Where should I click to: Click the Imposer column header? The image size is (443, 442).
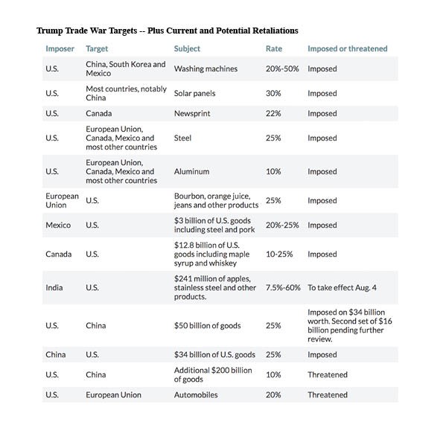(x=60, y=48)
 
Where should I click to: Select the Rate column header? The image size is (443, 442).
(x=274, y=48)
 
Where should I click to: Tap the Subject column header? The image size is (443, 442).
(x=187, y=49)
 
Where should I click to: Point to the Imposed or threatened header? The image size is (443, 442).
(x=348, y=48)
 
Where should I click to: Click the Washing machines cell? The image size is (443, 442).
(x=205, y=68)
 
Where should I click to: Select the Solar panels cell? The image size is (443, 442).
(x=194, y=93)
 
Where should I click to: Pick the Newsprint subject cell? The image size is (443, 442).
(x=192, y=113)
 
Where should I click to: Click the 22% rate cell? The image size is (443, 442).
(x=273, y=113)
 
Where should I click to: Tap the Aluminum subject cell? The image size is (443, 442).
(x=191, y=171)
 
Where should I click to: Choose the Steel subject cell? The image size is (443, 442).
(x=182, y=138)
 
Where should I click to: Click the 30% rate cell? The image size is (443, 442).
(x=273, y=93)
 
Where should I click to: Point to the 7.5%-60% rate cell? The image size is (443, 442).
(x=283, y=287)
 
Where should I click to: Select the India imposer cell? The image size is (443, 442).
(x=54, y=287)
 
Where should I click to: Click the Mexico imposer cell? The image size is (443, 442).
(x=58, y=225)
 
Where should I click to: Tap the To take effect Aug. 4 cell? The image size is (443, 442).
(x=342, y=287)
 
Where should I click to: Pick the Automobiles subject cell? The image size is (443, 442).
(x=196, y=395)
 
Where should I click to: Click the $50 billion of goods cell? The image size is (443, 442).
(x=208, y=326)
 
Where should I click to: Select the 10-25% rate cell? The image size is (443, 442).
(x=279, y=254)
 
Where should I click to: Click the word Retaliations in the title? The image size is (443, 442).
(x=275, y=31)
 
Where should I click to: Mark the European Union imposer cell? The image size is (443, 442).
(x=62, y=200)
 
